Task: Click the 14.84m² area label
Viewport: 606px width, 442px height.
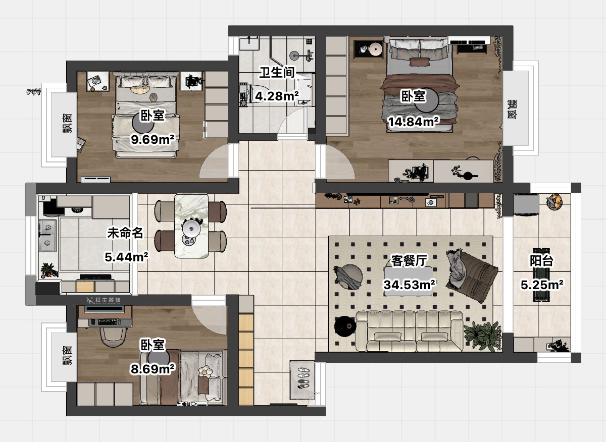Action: pos(414,122)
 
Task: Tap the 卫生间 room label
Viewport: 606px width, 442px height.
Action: pos(277,73)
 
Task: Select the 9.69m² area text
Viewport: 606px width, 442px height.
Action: pos(153,139)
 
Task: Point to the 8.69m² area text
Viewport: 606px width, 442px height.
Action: pos(153,369)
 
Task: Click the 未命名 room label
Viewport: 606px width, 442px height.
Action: pos(125,233)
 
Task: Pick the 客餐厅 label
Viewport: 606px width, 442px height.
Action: pos(409,260)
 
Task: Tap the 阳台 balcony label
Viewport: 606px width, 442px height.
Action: pos(541,260)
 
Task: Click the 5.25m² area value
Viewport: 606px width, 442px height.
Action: pos(542,285)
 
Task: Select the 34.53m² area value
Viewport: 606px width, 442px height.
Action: pos(410,285)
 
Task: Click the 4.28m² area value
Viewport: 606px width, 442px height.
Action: pos(277,96)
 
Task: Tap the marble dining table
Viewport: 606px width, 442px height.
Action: pos(191,226)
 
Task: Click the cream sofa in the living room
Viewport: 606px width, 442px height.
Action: pos(409,331)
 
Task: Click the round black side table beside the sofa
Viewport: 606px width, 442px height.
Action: pos(345,326)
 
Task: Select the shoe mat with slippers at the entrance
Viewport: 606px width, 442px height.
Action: pos(302,379)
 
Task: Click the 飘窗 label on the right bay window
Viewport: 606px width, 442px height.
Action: pos(511,109)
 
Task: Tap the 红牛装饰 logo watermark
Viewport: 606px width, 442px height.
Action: pos(104,300)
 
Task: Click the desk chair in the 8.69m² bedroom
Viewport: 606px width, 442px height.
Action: pos(114,337)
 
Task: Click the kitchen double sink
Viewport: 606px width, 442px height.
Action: pos(47,236)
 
